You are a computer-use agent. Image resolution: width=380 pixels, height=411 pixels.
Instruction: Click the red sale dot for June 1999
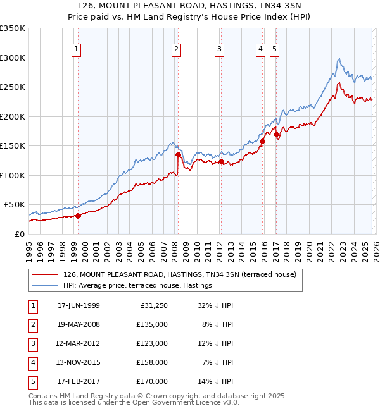[79, 216]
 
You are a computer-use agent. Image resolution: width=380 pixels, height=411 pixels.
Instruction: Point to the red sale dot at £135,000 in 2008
[178, 154]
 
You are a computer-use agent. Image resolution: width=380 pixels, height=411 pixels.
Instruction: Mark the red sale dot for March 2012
[221, 162]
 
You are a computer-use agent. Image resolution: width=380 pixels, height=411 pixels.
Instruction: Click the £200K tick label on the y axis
[13, 116]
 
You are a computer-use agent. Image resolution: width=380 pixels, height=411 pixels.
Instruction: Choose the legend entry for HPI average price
[137, 286]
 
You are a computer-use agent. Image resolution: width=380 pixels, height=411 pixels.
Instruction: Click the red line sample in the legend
[46, 275]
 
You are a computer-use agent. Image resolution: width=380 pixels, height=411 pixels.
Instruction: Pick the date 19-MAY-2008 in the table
[79, 324]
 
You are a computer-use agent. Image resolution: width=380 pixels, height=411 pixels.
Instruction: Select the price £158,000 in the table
[152, 362]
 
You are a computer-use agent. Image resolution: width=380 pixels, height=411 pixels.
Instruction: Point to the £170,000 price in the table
[152, 381]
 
